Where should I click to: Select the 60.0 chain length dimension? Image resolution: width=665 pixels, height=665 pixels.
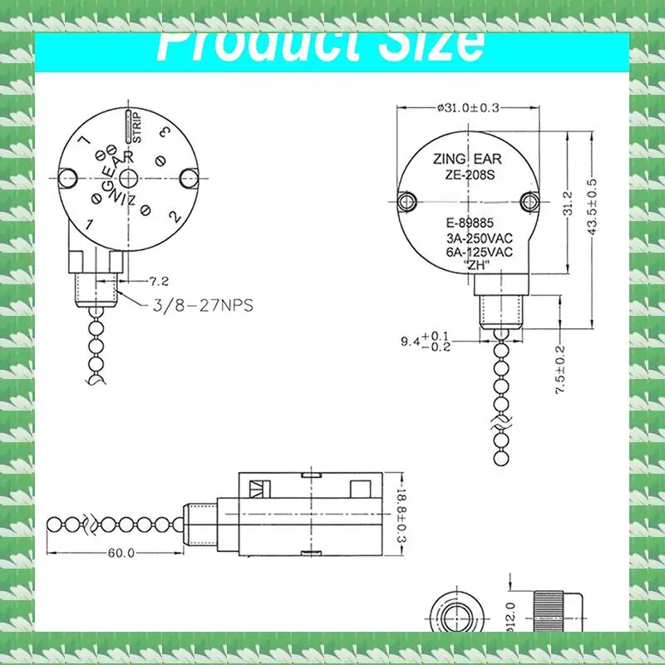click(120, 554)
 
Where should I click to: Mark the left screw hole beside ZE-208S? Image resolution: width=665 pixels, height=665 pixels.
click(406, 201)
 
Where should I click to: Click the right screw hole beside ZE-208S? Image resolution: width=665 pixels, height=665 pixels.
click(528, 201)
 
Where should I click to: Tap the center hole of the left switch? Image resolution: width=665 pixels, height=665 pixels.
click(129, 178)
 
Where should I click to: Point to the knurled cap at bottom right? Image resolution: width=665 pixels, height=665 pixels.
click(549, 611)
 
